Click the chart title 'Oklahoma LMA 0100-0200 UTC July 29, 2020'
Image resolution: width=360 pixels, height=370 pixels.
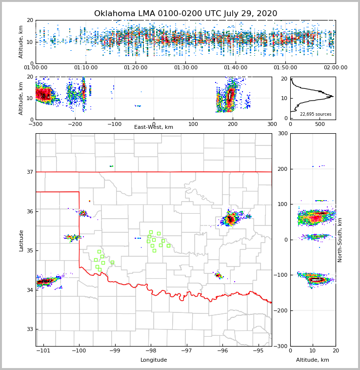tap(185, 14)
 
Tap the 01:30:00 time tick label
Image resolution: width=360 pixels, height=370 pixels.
tap(186, 68)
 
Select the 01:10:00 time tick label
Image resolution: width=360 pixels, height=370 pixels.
tap(86, 68)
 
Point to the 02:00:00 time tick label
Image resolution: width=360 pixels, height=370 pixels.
tap(335, 68)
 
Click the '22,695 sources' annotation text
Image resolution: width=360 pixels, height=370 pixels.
tap(316, 114)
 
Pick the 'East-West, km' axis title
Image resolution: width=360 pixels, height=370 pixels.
tap(154, 127)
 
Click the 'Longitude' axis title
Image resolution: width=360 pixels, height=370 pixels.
tap(154, 360)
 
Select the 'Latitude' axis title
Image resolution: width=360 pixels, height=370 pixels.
tap(21, 240)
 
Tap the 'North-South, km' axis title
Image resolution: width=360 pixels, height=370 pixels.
tap(340, 240)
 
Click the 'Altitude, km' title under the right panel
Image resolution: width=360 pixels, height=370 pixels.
tap(313, 360)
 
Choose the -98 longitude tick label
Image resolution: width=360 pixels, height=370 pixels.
tap(151, 351)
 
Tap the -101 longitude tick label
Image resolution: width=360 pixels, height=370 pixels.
tap(43, 351)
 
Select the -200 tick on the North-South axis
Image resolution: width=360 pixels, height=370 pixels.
tap(280, 310)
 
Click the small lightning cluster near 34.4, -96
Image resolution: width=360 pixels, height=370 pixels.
tap(218, 275)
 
